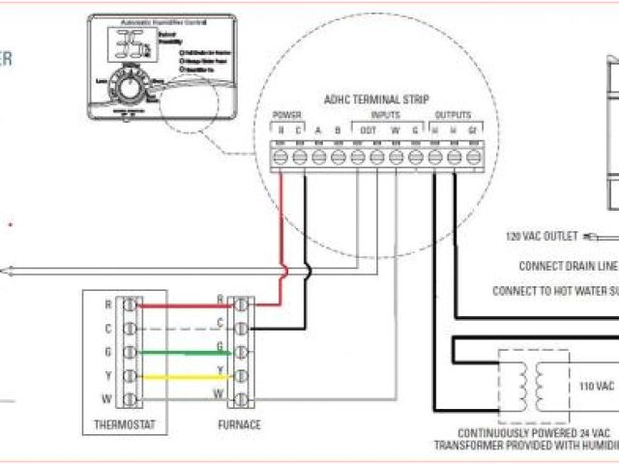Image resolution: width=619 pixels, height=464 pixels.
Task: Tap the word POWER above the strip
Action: [288, 115]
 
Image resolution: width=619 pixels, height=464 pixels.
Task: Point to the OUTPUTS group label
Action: [454, 115]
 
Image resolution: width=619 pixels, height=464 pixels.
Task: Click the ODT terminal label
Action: [368, 130]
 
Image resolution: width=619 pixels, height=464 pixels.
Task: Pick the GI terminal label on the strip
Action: [472, 130]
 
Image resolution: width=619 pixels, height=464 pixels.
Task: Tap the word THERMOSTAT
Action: [123, 425]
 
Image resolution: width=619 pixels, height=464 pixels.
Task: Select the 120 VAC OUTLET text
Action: [542, 235]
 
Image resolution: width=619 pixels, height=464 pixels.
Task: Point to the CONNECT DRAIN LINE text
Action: [567, 266]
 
